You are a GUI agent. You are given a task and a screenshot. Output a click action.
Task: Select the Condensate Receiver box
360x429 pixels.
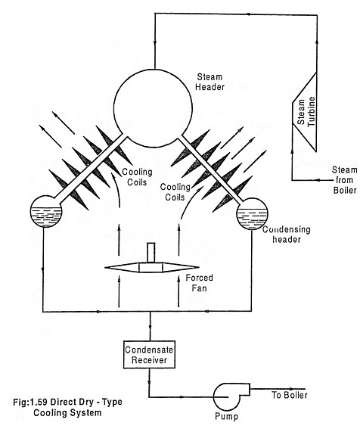point(149,354)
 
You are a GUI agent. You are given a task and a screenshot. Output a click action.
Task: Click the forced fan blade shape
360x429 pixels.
point(152,267)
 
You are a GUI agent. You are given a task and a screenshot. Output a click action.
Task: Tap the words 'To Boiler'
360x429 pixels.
point(290,395)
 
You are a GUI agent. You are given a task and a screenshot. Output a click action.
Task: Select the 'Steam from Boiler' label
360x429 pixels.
point(345,180)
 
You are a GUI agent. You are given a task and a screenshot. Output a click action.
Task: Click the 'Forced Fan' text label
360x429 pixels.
point(199,283)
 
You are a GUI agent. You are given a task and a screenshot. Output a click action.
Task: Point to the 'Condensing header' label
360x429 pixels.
point(287,235)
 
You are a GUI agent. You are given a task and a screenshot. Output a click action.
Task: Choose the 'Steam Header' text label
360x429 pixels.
point(209,82)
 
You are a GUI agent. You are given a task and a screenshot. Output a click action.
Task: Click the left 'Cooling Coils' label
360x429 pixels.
point(137,177)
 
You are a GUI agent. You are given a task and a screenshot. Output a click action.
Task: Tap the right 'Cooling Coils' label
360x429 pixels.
point(175,192)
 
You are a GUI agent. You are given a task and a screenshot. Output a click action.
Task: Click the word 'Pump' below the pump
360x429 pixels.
point(226,416)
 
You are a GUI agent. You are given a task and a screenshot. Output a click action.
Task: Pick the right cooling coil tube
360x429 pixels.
point(211,169)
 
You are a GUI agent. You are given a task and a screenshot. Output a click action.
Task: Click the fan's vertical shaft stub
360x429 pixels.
point(151,253)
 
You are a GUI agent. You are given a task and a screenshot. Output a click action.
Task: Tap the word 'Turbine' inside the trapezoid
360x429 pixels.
point(312,111)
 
